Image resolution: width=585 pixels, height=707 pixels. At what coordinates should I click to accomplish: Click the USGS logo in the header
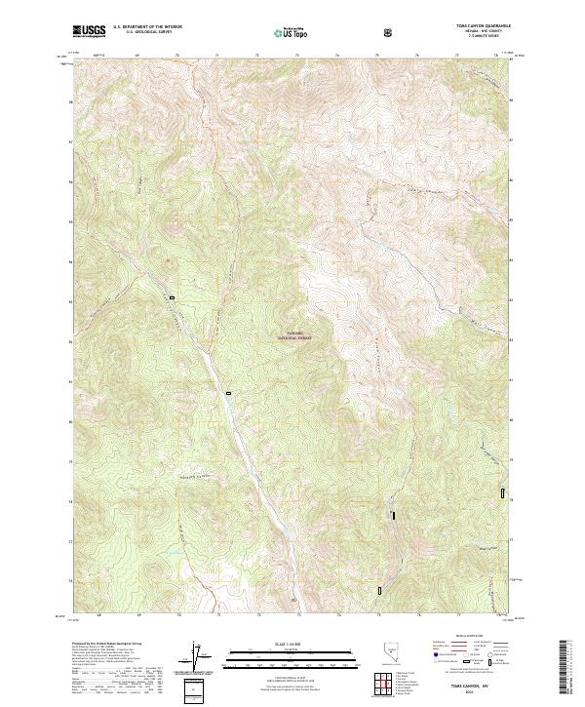pyautogui.click(x=89, y=32)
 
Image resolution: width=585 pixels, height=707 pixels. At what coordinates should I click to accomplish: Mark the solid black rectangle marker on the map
pyautogui.click(x=393, y=515)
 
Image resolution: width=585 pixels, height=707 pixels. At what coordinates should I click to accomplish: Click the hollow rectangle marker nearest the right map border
pyautogui.click(x=503, y=494)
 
